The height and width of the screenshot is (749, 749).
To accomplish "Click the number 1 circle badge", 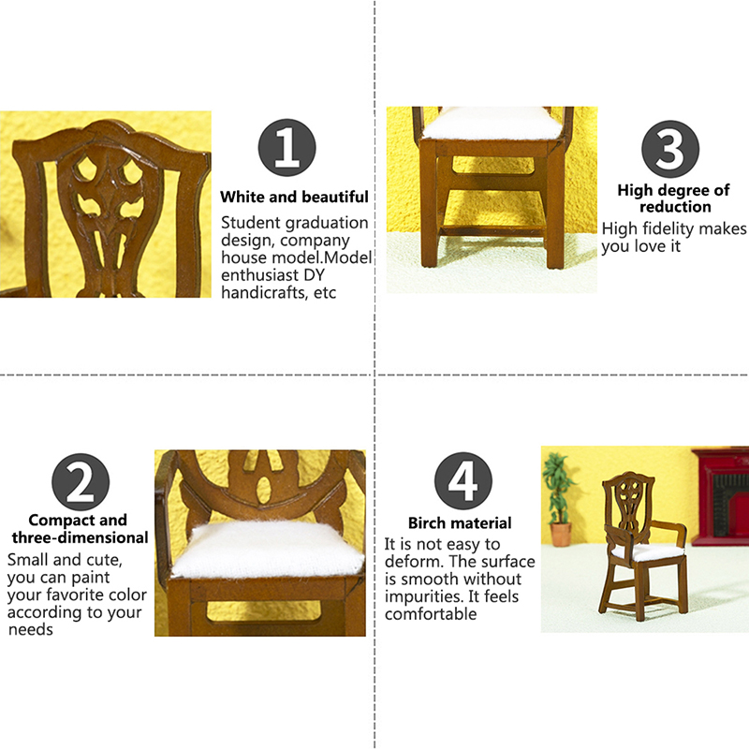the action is pyautogui.click(x=286, y=148).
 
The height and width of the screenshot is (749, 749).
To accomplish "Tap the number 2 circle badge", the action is pyautogui.click(x=81, y=482).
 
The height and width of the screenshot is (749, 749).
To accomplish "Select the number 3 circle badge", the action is pyautogui.click(x=670, y=149).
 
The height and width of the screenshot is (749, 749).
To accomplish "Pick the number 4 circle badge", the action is pyautogui.click(x=463, y=480).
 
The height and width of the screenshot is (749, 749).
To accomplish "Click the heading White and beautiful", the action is pyautogui.click(x=294, y=197).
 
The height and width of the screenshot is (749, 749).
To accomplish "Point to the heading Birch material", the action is pyautogui.click(x=460, y=523).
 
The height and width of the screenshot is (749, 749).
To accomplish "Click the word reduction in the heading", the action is pyautogui.click(x=675, y=207).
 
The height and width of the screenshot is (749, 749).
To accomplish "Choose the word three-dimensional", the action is pyautogui.click(x=81, y=537).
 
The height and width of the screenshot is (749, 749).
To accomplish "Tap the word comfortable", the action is pyautogui.click(x=431, y=614).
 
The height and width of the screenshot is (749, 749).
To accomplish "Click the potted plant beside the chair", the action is pyautogui.click(x=559, y=499).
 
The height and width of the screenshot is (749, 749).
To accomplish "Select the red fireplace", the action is pyautogui.click(x=721, y=496).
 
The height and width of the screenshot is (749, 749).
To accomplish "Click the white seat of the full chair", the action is pyautogui.click(x=649, y=552).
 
